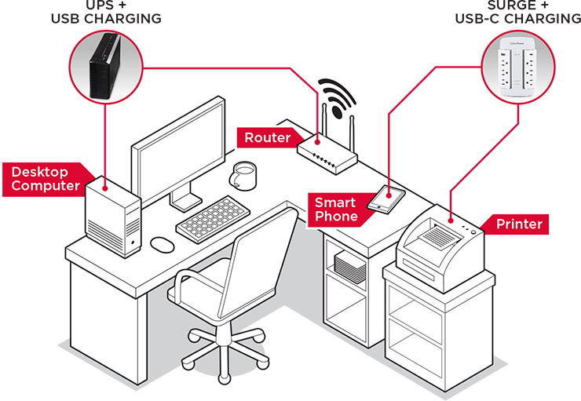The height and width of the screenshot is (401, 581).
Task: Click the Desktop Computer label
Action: tap(46, 179)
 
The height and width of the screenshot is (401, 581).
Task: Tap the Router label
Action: tap(267, 138)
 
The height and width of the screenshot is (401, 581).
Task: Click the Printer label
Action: tap(519, 224)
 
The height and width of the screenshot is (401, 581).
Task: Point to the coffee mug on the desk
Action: tap(244, 175)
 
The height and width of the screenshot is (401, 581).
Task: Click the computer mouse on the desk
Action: tap(162, 244)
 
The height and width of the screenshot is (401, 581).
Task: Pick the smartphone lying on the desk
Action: tap(386, 197)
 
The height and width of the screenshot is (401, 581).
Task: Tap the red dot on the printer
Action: tap(450, 211)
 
